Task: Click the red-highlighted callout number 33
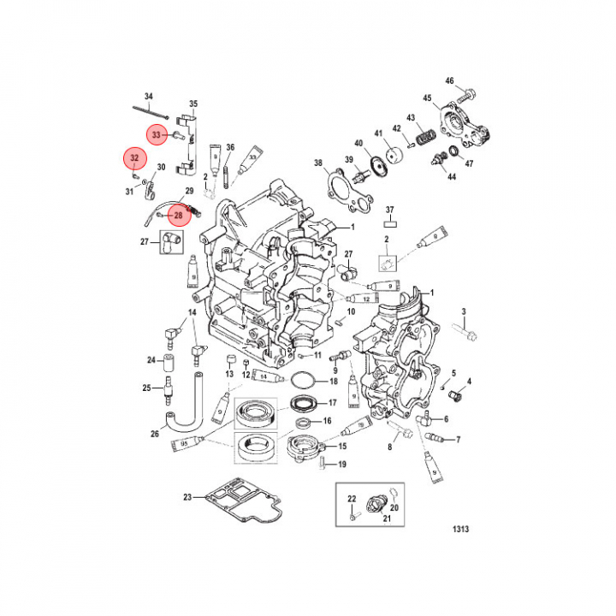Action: (x=157, y=135)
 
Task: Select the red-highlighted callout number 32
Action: (x=133, y=159)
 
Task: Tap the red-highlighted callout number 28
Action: (x=179, y=215)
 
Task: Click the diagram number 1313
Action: (x=460, y=529)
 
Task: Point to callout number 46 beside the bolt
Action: (x=449, y=81)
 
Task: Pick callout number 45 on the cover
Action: (x=427, y=98)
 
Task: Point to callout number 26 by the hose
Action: (x=155, y=433)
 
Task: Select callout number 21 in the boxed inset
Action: (x=386, y=519)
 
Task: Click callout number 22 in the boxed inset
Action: (x=352, y=498)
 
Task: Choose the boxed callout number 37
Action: (x=388, y=210)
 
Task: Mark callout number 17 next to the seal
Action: (x=334, y=401)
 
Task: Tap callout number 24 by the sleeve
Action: (x=150, y=359)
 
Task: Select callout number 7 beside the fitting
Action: (x=459, y=440)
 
